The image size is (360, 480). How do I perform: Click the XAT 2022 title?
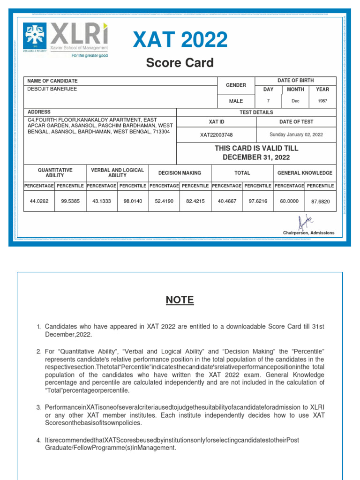click(x=180, y=40)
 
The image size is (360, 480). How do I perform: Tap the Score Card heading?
click(x=180, y=63)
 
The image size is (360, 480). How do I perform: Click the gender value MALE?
click(x=236, y=101)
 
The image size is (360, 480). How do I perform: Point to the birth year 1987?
click(x=322, y=101)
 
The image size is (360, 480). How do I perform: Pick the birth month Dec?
click(x=295, y=101)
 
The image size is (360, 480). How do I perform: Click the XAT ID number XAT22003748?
click(x=216, y=135)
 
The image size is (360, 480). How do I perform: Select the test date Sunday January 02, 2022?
click(x=296, y=135)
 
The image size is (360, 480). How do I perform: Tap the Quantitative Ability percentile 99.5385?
click(x=70, y=201)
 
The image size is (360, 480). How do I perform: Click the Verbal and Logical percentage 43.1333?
click(x=102, y=201)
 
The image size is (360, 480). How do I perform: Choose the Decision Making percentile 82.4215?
click(x=195, y=201)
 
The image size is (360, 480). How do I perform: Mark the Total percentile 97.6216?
click(x=258, y=201)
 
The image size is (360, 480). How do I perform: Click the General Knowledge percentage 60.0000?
click(x=289, y=201)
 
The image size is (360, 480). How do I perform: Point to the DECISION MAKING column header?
click(x=180, y=173)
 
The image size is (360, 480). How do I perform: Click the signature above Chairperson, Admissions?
click(x=305, y=222)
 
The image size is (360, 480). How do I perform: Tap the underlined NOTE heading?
click(x=180, y=300)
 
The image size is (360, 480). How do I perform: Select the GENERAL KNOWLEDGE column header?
click(x=305, y=173)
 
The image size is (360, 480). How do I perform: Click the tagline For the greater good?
click(x=90, y=55)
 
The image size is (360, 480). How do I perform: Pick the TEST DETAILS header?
click(x=256, y=112)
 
